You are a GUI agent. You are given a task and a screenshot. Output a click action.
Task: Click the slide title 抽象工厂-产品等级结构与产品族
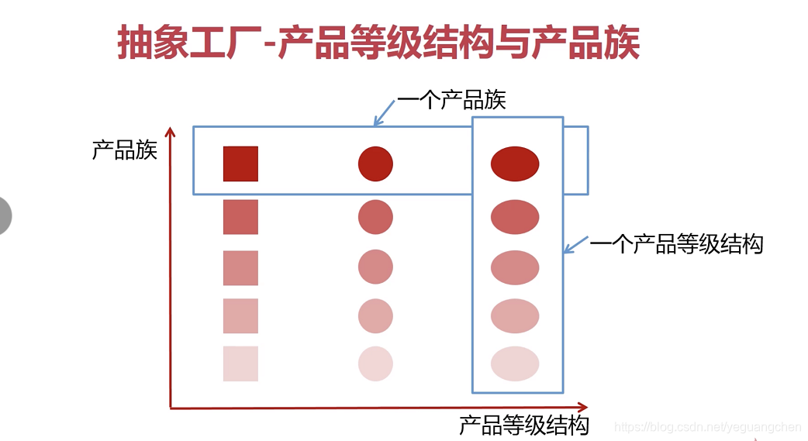(x=378, y=43)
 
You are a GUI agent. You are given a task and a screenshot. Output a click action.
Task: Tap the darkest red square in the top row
(x=240, y=164)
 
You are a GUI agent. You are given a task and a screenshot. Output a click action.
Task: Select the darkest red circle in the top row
(x=375, y=164)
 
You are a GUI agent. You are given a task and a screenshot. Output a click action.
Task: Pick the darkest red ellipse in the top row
(x=515, y=164)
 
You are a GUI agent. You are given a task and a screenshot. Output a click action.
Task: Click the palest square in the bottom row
(x=240, y=363)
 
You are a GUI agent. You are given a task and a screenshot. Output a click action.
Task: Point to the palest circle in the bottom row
(x=375, y=363)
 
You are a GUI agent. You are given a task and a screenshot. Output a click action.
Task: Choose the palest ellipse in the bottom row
(x=515, y=363)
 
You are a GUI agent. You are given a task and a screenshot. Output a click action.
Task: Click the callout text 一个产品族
(x=451, y=100)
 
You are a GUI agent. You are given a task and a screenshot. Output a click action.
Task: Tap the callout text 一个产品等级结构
(x=676, y=244)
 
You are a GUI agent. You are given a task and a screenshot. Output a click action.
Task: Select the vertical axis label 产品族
(x=125, y=149)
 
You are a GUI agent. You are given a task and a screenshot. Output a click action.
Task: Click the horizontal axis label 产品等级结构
(x=524, y=425)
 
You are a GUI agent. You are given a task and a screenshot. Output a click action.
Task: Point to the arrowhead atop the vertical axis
(x=171, y=133)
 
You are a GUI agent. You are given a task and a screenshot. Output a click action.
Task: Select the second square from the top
(x=240, y=217)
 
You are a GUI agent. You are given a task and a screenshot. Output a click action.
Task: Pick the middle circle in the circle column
(x=375, y=267)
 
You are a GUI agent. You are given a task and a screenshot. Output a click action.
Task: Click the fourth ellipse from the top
(x=515, y=316)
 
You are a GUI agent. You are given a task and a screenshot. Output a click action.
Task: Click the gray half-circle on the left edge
(x=5, y=215)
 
